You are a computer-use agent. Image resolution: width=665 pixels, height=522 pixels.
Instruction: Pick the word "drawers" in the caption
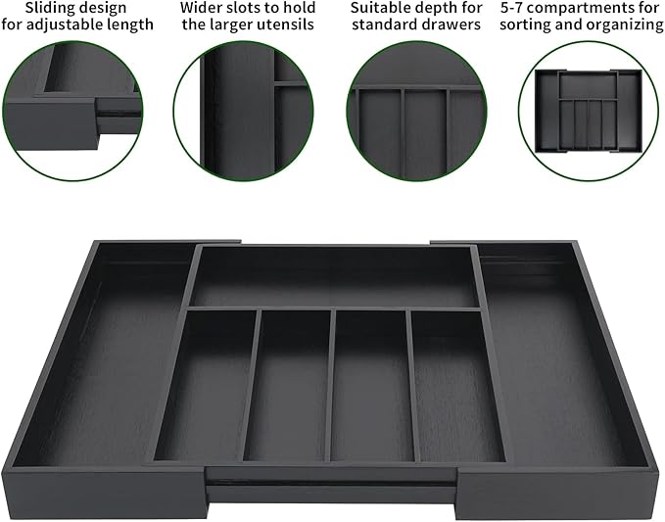452,24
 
